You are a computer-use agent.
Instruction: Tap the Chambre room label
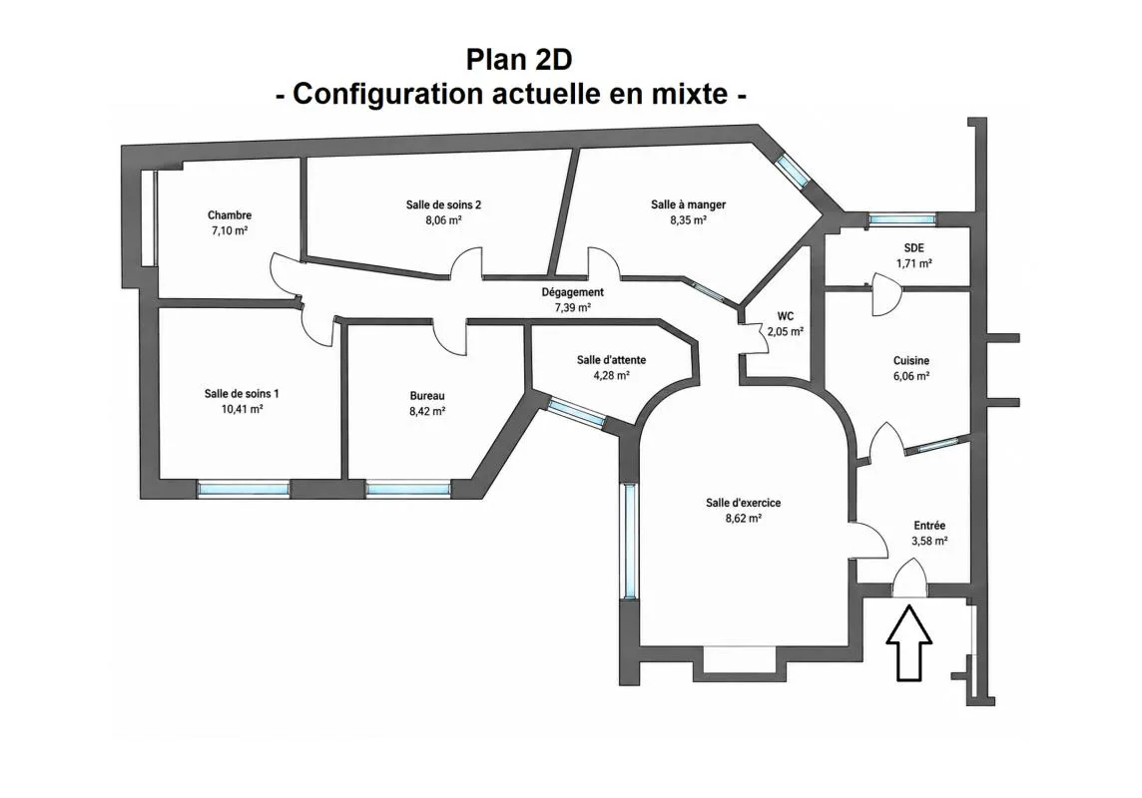230,215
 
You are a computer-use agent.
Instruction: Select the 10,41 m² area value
242,410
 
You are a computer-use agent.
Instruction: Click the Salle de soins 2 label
443,204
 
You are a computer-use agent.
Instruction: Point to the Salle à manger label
688,204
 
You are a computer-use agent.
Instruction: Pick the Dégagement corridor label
572,291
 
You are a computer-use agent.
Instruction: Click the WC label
785,316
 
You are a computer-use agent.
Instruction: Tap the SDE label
914,248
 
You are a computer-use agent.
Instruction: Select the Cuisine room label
911,361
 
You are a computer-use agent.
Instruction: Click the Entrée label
929,526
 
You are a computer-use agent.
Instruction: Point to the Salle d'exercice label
743,503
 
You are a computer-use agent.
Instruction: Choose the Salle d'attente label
611,360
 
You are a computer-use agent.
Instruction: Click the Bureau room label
427,396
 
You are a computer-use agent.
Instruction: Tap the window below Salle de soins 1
244,488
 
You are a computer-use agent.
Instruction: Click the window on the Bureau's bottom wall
408,488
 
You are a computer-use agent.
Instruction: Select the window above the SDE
901,219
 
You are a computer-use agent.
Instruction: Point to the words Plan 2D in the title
518,60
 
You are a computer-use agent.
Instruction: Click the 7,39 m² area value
572,307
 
